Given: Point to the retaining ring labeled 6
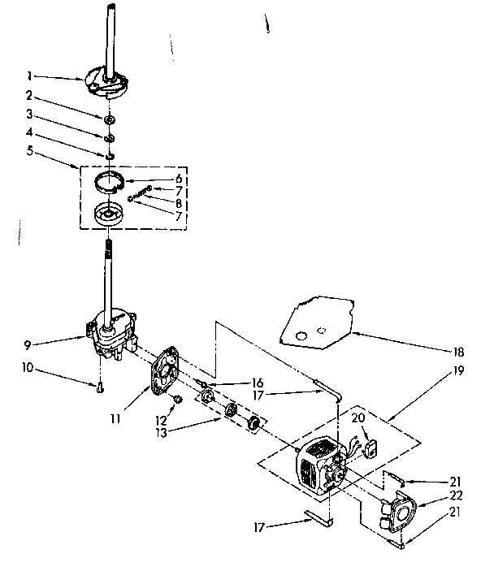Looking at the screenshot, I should [112, 180].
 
